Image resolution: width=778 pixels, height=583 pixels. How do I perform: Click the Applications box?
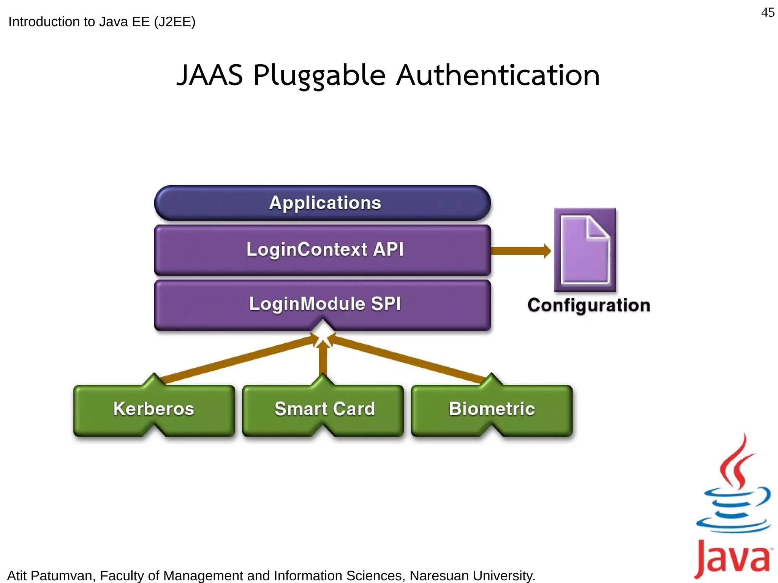[x=323, y=203]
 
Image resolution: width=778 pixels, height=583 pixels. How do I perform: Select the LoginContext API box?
[x=323, y=250]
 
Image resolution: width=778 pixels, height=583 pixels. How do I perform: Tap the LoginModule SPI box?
[x=323, y=304]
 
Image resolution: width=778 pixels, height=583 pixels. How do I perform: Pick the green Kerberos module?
[x=154, y=409]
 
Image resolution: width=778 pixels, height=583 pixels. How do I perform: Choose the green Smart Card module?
[x=323, y=409]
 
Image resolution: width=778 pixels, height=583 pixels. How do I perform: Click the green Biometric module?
[x=492, y=409]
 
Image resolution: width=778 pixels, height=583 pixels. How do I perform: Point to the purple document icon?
[x=585, y=250]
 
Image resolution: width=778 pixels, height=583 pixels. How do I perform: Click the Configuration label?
[x=588, y=305]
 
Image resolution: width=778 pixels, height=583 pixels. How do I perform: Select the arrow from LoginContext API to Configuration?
[x=520, y=251]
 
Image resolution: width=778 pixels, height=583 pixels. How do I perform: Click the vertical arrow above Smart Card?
[x=323, y=359]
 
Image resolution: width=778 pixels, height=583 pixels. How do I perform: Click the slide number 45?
[x=767, y=13]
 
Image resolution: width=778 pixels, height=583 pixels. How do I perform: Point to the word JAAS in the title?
[x=210, y=75]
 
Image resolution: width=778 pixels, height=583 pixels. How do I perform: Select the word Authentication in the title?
[x=498, y=75]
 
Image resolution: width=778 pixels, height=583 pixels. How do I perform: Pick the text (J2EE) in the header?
[x=174, y=22]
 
